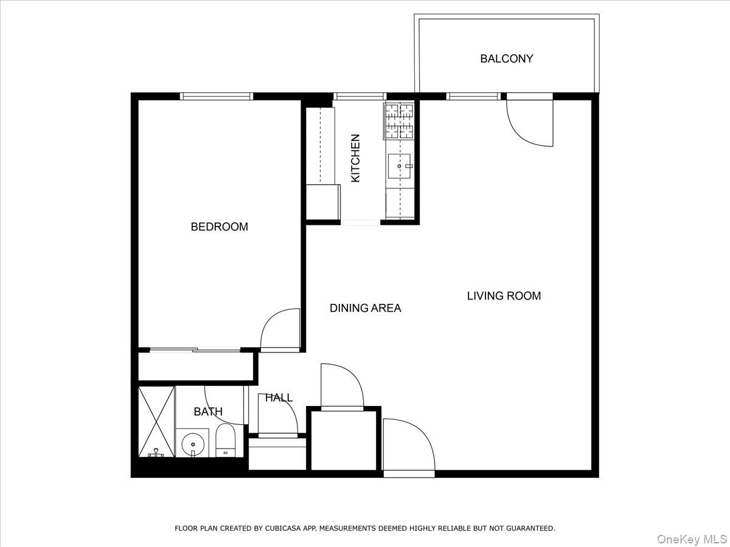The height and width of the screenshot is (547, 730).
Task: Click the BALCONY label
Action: [x=506, y=59]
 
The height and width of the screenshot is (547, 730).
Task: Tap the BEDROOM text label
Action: [x=219, y=227]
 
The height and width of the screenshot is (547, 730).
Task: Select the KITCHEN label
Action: [x=356, y=158]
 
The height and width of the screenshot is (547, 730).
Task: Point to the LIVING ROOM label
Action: [x=504, y=296]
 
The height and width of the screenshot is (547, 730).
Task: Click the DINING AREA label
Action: [x=365, y=308]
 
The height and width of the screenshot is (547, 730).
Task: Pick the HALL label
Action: [x=279, y=398]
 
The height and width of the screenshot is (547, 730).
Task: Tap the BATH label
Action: [x=208, y=411]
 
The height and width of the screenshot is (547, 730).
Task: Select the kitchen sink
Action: [x=399, y=166]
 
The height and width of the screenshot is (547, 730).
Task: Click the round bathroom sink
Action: [x=193, y=444]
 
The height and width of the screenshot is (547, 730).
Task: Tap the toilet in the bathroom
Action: [x=225, y=441]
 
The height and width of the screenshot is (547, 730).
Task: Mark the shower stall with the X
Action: [x=156, y=421]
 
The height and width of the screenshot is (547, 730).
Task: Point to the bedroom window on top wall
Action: [x=216, y=96]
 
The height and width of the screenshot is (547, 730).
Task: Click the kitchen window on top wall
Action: [x=360, y=96]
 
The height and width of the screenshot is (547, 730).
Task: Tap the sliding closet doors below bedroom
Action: [x=195, y=349]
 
